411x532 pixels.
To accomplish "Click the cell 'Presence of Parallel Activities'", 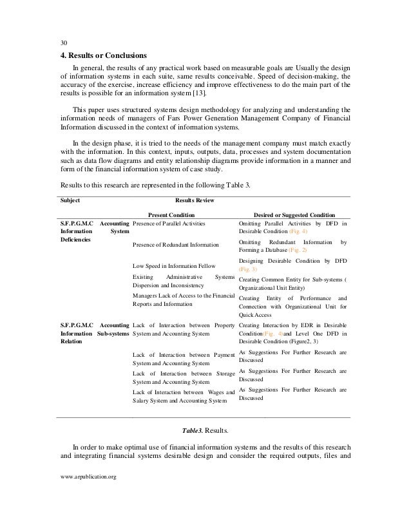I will coord(168,223).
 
